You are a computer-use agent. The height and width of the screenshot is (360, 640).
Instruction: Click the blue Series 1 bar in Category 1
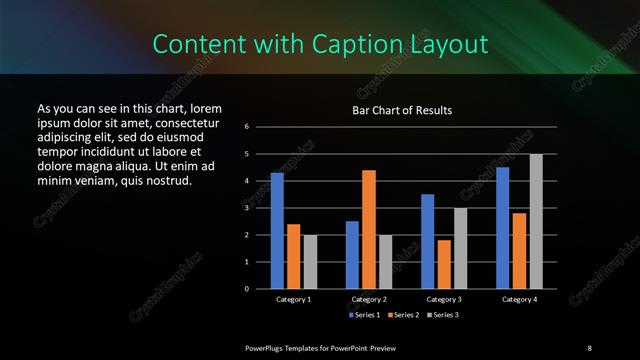click(x=277, y=230)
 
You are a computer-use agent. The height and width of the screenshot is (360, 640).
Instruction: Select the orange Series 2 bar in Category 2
click(x=369, y=229)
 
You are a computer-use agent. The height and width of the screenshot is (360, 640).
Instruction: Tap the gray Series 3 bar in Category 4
click(x=536, y=221)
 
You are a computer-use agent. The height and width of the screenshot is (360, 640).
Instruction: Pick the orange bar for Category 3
click(x=444, y=264)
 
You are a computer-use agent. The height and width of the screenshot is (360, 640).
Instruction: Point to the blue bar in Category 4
click(x=503, y=227)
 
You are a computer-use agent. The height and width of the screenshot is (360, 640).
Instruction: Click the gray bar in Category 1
click(x=310, y=261)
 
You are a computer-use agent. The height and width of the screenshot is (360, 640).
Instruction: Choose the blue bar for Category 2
click(x=352, y=254)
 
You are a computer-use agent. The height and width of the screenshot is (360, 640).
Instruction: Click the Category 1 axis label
click(x=293, y=299)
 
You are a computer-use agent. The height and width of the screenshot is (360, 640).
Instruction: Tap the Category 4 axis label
click(x=519, y=299)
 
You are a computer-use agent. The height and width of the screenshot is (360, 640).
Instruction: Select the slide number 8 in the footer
click(x=589, y=347)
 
